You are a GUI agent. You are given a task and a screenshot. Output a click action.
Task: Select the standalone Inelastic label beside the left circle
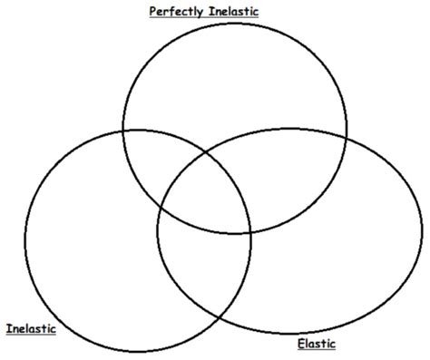tap(31, 328)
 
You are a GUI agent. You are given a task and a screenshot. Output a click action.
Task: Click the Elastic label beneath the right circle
tap(317, 344)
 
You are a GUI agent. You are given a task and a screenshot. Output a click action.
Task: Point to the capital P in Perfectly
tap(151, 12)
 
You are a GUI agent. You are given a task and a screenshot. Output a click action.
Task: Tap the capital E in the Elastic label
tap(300, 344)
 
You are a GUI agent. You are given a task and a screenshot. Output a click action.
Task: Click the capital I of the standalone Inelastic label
tap(8, 328)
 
